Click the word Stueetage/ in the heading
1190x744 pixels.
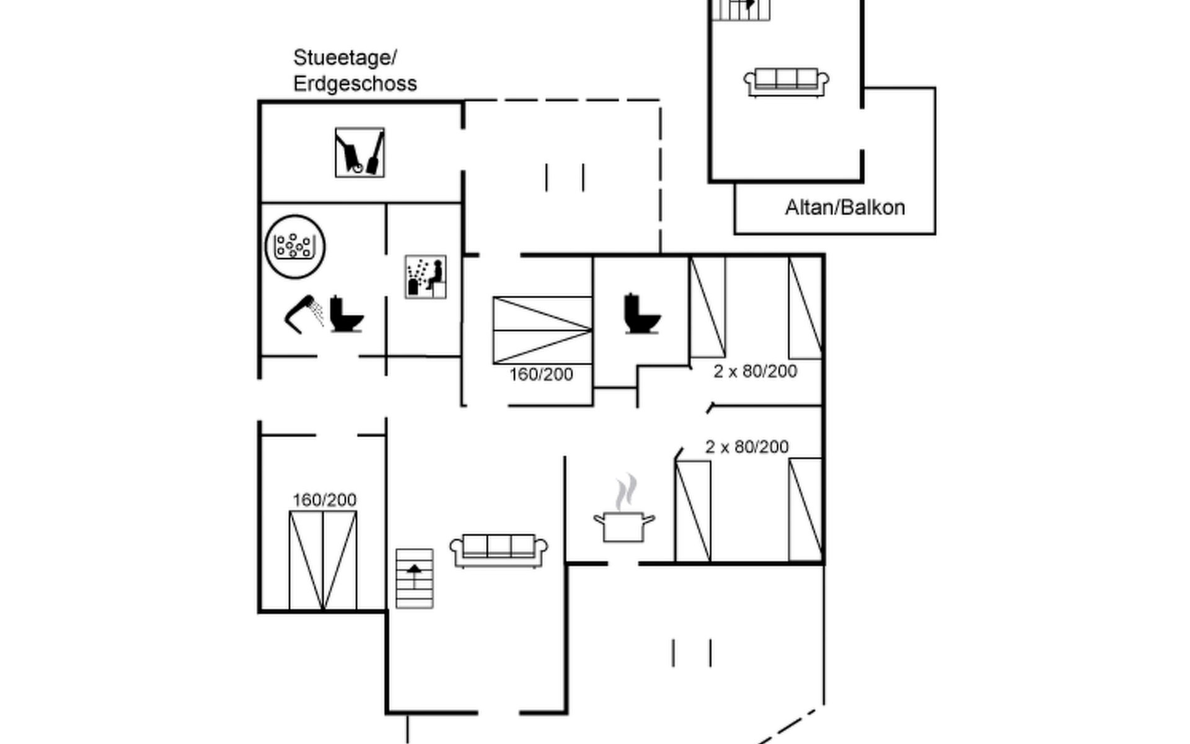(x=345, y=58)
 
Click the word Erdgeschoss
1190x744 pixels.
(x=355, y=84)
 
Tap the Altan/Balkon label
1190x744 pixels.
(x=845, y=207)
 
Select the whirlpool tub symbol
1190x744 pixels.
(x=295, y=246)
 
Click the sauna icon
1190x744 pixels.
(x=425, y=277)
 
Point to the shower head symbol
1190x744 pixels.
(x=304, y=314)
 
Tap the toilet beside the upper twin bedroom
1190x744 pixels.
(x=641, y=314)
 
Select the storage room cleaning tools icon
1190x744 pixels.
(x=359, y=153)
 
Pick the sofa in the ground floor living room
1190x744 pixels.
(x=498, y=550)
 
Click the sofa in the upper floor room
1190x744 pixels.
(x=786, y=82)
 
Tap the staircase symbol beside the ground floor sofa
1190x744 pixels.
(x=415, y=578)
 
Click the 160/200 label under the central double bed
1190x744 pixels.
(x=541, y=374)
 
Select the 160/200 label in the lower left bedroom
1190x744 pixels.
(x=324, y=500)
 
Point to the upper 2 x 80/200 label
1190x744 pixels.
(x=755, y=371)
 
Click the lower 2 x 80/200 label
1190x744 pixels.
(x=747, y=447)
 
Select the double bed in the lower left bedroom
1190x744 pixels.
(x=323, y=560)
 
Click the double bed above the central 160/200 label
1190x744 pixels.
(x=542, y=330)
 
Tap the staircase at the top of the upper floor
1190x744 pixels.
(x=741, y=9)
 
